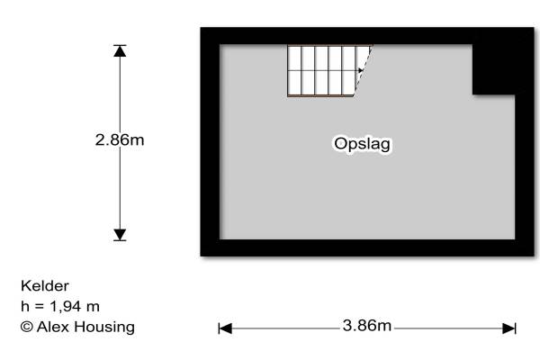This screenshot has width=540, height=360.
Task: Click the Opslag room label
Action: point(363,144)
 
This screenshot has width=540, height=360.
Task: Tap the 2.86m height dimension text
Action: point(120,140)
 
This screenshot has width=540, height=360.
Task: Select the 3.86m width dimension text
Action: point(367,326)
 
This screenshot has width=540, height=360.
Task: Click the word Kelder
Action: point(45,286)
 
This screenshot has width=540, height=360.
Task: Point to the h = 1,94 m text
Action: point(60,307)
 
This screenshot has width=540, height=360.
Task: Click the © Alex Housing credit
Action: point(77,328)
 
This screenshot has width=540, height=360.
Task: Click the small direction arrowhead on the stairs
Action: point(360,69)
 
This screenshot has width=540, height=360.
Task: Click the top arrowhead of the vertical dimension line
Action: point(120,50)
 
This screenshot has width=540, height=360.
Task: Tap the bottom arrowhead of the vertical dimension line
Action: point(120,235)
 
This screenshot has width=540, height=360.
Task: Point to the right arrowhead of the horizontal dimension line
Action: point(509,328)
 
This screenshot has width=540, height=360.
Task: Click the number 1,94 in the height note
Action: point(67,307)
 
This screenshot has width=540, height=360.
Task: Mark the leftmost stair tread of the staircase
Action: point(294,70)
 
